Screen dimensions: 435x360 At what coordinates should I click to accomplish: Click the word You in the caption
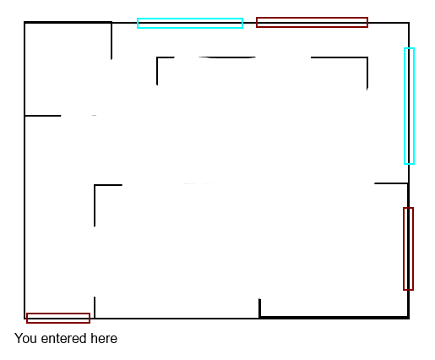coord(26,338)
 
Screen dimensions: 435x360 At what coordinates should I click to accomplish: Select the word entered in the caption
coord(63,339)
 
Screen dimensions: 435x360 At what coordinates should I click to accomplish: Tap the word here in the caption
coord(104,338)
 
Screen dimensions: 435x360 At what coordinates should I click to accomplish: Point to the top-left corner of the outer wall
coord(24,22)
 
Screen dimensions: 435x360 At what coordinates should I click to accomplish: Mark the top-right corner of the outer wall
coord(409,23)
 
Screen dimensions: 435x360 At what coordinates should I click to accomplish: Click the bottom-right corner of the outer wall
coord(409,318)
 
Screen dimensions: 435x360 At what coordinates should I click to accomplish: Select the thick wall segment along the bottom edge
coord(334,318)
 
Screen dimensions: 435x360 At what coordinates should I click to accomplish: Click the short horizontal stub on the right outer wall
coord(391,183)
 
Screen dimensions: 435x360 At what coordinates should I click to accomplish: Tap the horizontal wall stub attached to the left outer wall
coord(43,116)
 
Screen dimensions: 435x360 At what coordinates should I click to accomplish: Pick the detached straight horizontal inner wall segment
coord(227,57)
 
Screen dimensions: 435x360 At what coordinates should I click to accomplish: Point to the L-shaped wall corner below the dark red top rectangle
coord(367,57)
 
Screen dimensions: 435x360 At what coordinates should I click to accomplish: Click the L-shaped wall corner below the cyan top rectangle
coord(157,57)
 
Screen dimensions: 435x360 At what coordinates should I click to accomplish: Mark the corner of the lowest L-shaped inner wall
coord(95,185)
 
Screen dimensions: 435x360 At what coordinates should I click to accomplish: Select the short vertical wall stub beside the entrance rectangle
coord(95,308)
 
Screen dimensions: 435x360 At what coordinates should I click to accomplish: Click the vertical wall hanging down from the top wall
coord(111,41)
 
